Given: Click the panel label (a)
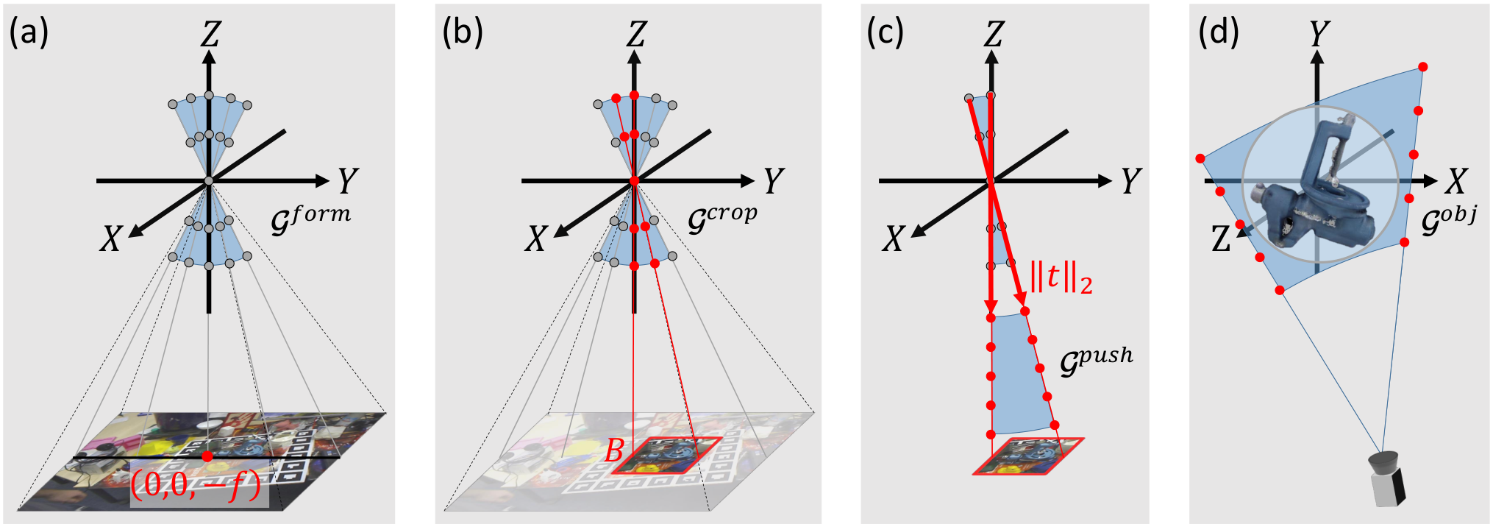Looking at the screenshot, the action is (x=29, y=33).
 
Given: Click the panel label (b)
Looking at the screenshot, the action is (x=463, y=33).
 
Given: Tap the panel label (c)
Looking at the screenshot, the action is (x=886, y=33).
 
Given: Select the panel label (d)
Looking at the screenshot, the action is (x=1219, y=33).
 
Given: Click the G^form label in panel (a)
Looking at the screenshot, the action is (x=311, y=219).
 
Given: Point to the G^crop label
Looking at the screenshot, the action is (x=722, y=219).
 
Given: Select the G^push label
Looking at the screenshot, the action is (x=1097, y=361).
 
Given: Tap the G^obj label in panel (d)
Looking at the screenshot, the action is (x=1449, y=219).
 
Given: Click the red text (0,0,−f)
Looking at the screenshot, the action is (x=196, y=485).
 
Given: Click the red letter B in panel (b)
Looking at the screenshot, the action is (x=614, y=450).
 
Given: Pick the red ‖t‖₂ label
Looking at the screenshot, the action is (x=1061, y=277).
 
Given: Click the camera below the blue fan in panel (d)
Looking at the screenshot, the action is (x=1387, y=479).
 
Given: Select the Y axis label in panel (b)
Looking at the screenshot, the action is (x=774, y=181).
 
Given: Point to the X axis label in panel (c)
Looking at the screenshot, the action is (x=894, y=238).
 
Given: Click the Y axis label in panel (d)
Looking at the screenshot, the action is (x=1319, y=34).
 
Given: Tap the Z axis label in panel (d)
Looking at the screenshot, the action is (x=1221, y=239).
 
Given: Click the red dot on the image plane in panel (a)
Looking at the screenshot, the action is (x=207, y=456).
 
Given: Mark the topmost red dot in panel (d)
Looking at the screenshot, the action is (x=1423, y=67).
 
